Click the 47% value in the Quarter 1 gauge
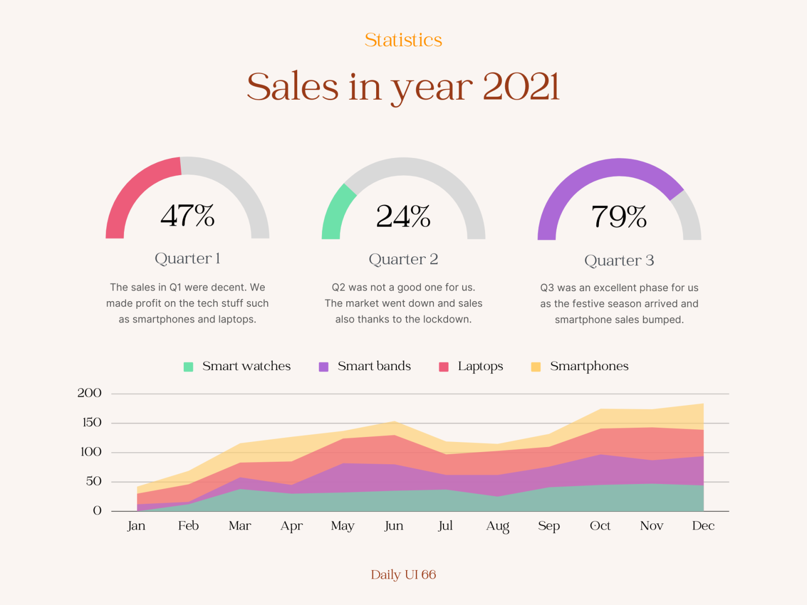(187, 216)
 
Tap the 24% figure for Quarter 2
(403, 217)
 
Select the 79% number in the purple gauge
(619, 217)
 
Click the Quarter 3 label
(619, 261)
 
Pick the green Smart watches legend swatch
(188, 367)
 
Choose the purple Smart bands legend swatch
(324, 367)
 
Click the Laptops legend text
(480, 367)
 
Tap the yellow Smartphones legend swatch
(536, 367)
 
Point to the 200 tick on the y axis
(90, 393)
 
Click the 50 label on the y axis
(94, 481)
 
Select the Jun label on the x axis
(394, 526)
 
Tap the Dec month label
(703, 526)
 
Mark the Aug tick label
(498, 527)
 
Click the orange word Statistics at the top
(403, 40)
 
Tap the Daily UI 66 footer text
(403, 575)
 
